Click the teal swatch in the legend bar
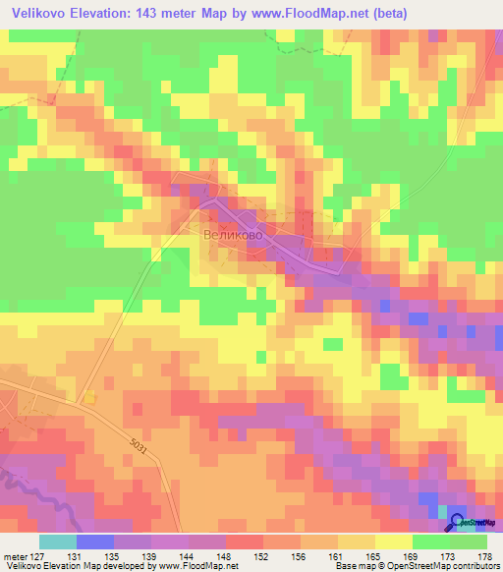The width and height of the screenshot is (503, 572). click(x=57, y=542)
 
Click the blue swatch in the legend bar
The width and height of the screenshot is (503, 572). click(x=94, y=542)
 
